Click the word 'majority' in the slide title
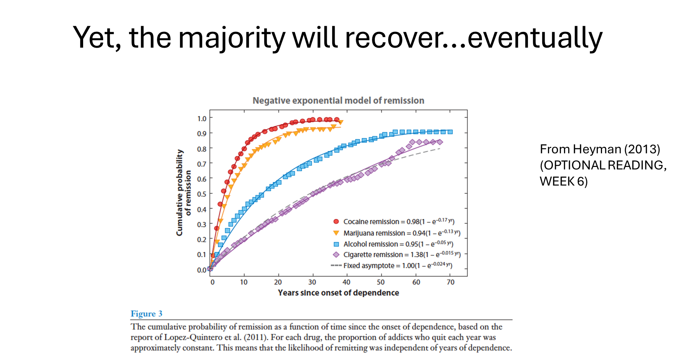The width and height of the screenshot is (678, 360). [x=232, y=38]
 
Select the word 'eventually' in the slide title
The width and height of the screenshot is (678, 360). [x=535, y=38]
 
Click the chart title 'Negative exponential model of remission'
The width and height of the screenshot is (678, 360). [x=338, y=101]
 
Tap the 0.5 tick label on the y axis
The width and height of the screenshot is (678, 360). [x=202, y=194]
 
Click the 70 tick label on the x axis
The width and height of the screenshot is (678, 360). [x=450, y=282]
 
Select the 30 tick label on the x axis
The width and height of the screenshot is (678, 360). [x=312, y=282]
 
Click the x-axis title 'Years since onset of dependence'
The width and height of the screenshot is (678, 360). [x=338, y=293]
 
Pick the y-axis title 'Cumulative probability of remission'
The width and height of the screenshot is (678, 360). [x=183, y=193]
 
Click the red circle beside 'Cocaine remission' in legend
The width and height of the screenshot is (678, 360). [x=336, y=221]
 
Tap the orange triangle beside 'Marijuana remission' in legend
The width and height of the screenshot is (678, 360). [x=336, y=233]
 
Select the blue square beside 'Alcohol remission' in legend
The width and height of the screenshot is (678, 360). [x=336, y=244]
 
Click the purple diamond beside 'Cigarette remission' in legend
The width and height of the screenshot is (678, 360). [x=336, y=255]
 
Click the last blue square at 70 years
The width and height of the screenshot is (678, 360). [x=450, y=132]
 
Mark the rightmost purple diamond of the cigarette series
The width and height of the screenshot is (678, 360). [x=440, y=142]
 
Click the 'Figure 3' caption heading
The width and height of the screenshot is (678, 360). [x=147, y=314]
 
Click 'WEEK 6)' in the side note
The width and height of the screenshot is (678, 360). [x=564, y=181]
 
